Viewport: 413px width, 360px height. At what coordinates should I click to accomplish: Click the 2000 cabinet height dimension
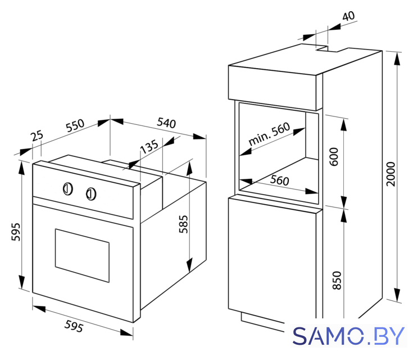(391, 174)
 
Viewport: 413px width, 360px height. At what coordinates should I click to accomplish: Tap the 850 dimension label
(337, 281)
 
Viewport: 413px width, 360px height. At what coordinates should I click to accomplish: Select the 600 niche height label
(334, 157)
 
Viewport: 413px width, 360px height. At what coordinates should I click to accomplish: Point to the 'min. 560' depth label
(269, 134)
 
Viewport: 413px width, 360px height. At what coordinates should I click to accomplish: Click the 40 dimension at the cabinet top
(348, 16)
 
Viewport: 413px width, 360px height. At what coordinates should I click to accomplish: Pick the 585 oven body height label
(183, 224)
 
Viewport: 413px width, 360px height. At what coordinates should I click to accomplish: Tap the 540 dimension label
(166, 123)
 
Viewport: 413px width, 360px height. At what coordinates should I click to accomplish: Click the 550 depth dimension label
(75, 125)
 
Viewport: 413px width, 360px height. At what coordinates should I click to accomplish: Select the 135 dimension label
(149, 146)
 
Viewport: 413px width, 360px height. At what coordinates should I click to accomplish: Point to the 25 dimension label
(37, 136)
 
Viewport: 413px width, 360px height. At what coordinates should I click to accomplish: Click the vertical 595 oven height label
(16, 232)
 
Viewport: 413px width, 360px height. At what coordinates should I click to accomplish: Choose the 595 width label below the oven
(74, 326)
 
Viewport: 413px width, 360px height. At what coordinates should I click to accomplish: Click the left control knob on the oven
(68, 189)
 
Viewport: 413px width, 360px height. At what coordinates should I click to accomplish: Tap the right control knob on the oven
(91, 194)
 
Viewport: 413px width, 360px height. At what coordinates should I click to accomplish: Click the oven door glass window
(82, 255)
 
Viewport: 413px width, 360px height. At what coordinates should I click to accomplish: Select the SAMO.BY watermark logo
(348, 336)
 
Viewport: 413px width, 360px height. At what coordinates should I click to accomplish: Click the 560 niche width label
(279, 181)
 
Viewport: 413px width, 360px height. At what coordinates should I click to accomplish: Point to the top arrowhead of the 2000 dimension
(397, 58)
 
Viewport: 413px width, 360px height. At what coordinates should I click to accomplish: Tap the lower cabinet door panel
(272, 262)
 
